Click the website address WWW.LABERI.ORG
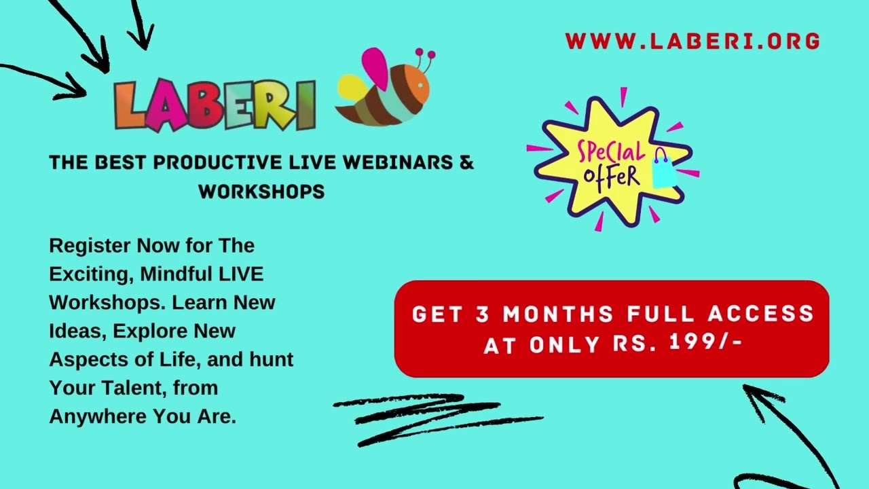coord(692,41)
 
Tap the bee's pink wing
coord(375,68)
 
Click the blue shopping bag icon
coord(664,169)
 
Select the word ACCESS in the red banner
coord(761,314)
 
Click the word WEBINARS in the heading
coord(396,163)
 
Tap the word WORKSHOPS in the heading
coord(261,192)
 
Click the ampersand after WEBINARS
coord(467,163)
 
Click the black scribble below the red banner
coord(434,414)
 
